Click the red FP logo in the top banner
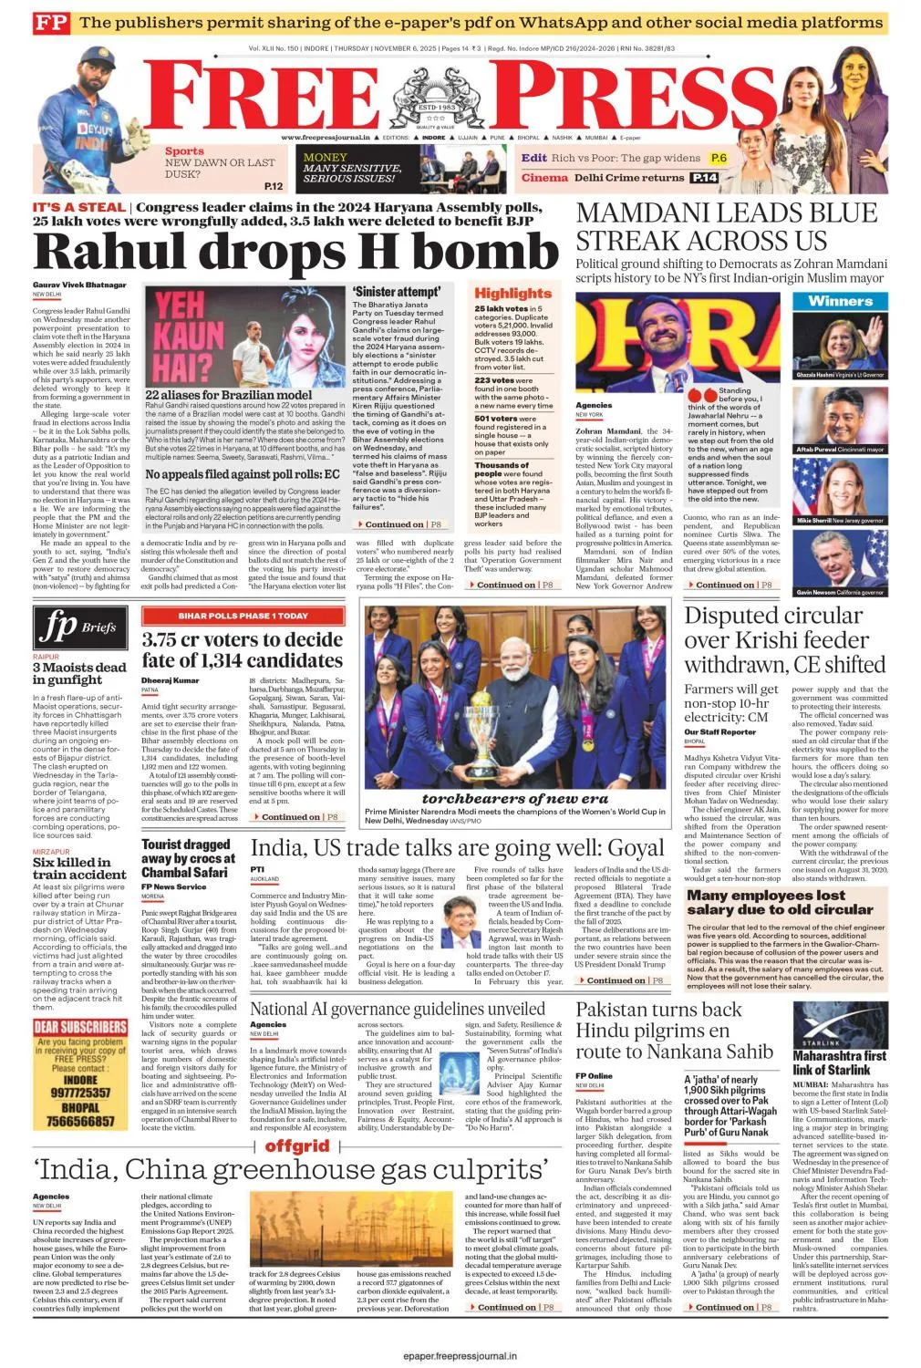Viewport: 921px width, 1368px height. (51, 23)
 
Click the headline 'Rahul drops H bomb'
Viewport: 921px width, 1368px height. (296, 252)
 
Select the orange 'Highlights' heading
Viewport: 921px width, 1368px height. (512, 293)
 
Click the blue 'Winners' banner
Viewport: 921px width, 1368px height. (840, 301)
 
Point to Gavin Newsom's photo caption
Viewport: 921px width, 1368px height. (840, 592)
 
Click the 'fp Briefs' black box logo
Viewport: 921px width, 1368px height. (79, 627)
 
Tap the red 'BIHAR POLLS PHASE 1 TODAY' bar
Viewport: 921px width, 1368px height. (243, 616)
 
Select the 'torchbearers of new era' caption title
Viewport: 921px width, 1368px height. (515, 798)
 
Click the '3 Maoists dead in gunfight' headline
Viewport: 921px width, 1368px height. (79, 673)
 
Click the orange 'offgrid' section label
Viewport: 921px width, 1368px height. (297, 1145)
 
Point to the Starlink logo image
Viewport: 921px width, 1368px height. (840, 1024)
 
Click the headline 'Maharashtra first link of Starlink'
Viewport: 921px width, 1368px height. (839, 1063)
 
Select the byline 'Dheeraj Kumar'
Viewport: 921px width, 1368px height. (170, 680)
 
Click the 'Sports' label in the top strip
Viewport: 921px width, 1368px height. (184, 151)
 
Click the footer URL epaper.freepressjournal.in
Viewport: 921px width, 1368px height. (460, 1356)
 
